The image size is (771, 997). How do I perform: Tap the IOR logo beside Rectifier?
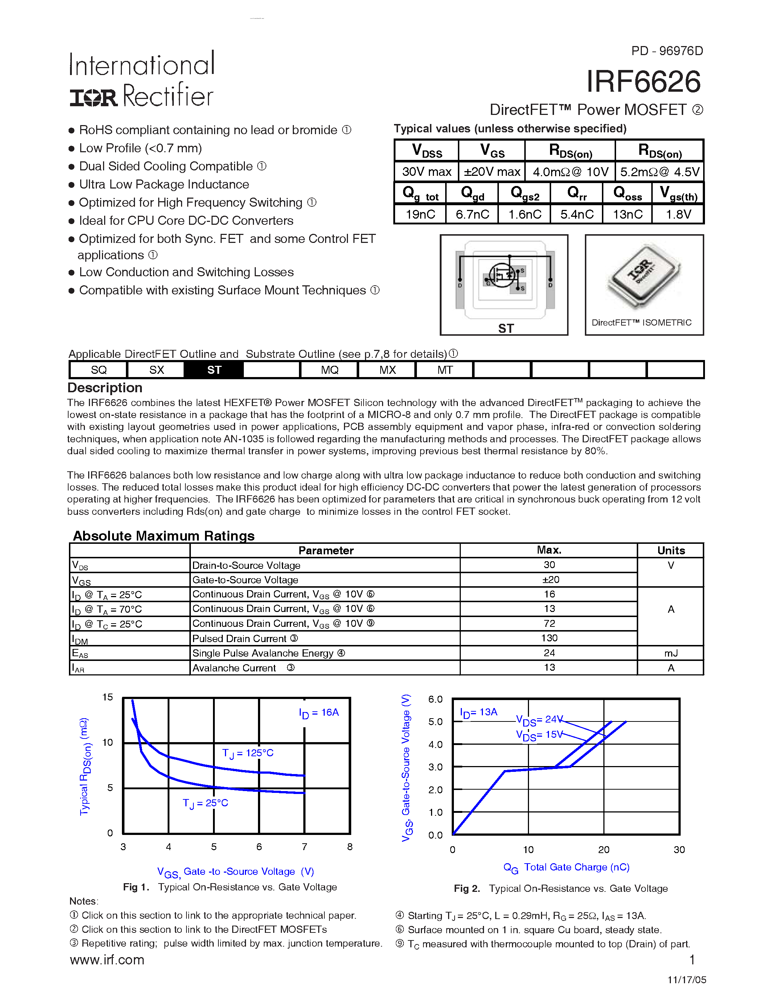94,97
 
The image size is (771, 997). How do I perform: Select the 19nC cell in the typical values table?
420,214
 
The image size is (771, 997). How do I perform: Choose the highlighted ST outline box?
214,370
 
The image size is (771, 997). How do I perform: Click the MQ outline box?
329,370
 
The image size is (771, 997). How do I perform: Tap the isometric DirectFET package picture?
644,276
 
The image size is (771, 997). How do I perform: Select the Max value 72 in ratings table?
549,624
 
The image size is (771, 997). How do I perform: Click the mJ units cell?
670,653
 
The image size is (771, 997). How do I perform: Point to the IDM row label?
80,639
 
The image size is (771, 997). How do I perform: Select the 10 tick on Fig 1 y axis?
107,742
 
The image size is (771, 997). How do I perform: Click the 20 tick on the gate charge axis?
603,849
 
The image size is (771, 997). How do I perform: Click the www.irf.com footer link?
107,960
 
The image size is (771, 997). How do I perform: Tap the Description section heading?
105,388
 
